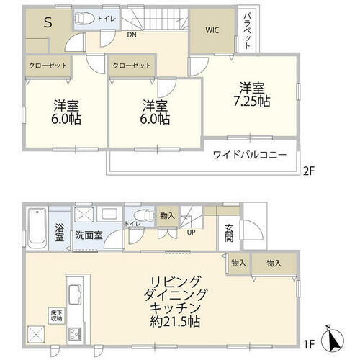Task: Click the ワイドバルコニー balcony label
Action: coord(249,155)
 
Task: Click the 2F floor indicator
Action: coord(308,171)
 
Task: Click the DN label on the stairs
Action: coord(132,34)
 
